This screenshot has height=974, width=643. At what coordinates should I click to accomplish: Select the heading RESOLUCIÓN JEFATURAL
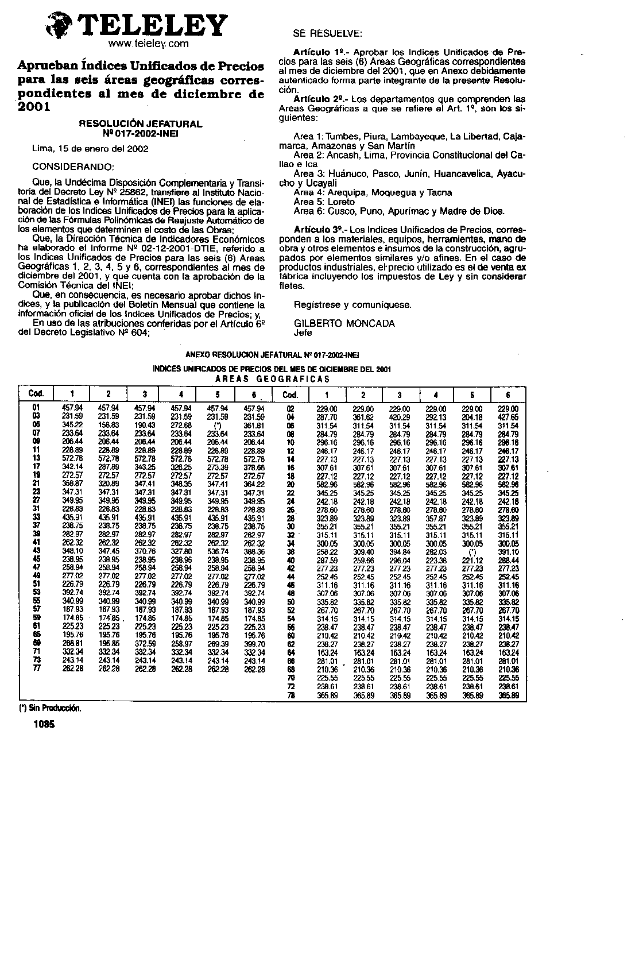point(140,123)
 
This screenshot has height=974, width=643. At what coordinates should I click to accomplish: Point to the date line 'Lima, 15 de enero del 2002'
point(90,149)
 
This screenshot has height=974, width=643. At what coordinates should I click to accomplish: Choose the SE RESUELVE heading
point(327,34)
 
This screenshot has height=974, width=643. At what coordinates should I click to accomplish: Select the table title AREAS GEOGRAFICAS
point(272,379)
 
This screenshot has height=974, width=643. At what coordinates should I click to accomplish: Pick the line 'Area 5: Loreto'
point(324,202)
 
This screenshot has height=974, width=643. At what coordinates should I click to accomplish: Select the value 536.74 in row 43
point(218,551)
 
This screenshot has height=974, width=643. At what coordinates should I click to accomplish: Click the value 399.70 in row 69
point(254,643)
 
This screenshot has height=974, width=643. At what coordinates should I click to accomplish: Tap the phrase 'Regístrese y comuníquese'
point(352,305)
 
